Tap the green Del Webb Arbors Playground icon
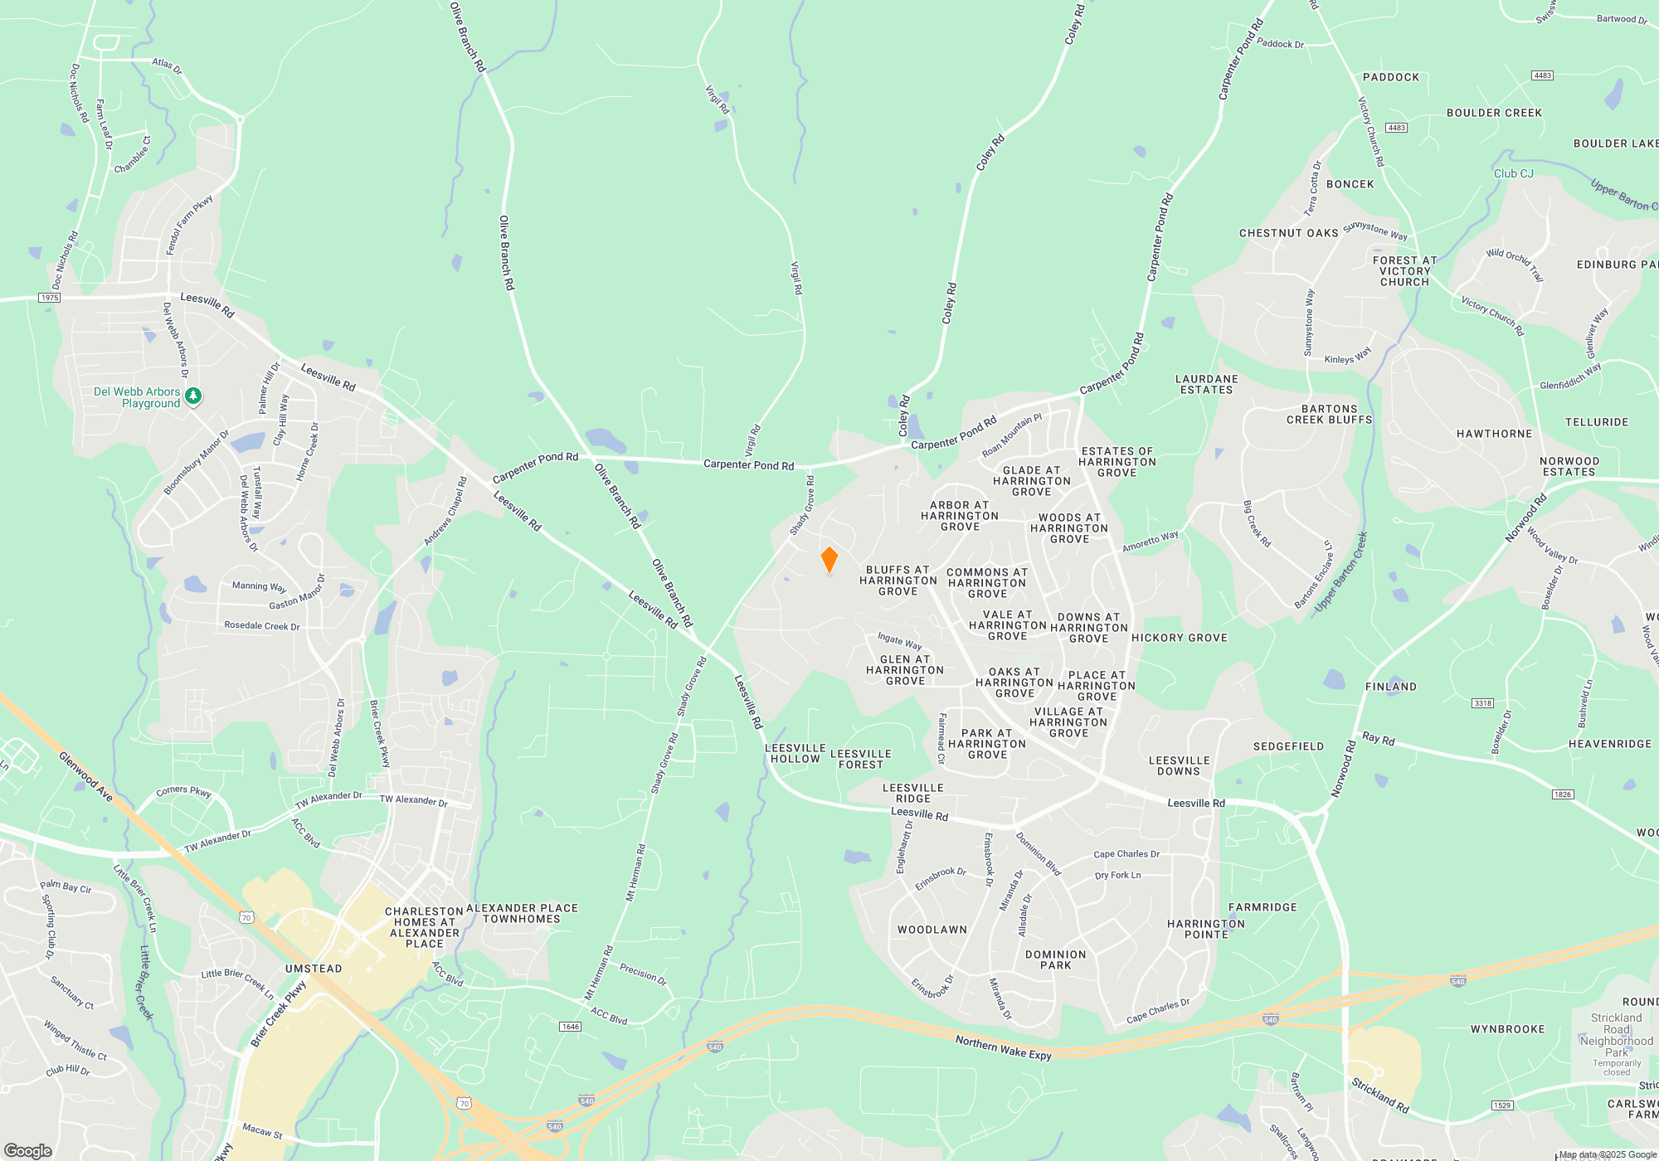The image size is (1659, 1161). pos(192,396)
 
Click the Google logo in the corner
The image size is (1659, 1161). pos(28,1150)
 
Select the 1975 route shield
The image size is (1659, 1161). pos(50,298)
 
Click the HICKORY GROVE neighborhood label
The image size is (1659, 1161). pos(1179,638)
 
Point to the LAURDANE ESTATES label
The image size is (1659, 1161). pos(1206,385)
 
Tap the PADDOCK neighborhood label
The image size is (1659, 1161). pos(1391,77)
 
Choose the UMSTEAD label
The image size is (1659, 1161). pos(314,969)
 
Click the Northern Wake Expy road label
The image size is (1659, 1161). pos(1003,1047)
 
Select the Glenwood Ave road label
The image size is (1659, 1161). pos(85,776)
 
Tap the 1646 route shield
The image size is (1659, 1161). pos(571,1027)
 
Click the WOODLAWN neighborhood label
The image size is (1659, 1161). pos(932,930)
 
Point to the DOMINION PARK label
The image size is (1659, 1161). pos(1055,960)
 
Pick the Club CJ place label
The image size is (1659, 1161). pos(1513,173)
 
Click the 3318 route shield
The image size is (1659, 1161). pos(1482,703)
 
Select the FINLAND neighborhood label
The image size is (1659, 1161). pos(1391,687)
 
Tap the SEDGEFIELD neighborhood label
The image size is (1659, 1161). pos(1288,746)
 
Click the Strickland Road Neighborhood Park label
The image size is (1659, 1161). pos(1616,1035)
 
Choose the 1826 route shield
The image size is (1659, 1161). pos(1563,794)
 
